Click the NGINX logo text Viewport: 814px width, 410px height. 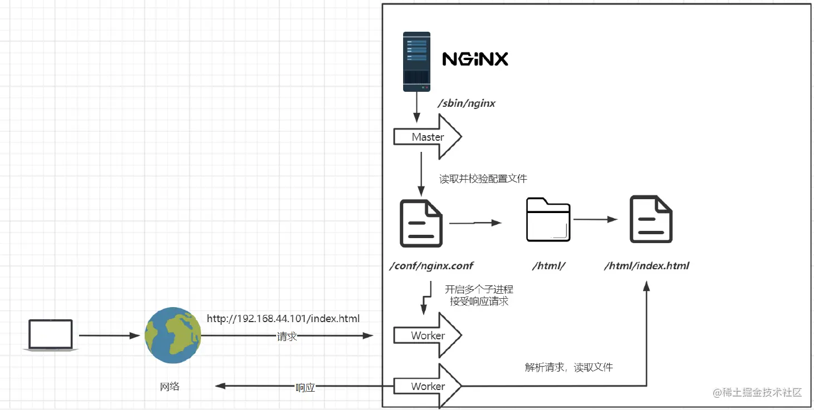(x=475, y=58)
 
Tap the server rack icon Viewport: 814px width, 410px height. (x=416, y=61)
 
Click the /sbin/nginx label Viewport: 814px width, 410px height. (x=467, y=103)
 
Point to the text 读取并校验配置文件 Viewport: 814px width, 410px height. (x=483, y=179)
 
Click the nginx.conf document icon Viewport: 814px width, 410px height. (x=421, y=223)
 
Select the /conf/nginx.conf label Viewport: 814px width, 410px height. (x=431, y=265)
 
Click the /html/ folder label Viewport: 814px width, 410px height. (x=549, y=265)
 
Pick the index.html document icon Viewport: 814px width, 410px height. (x=651, y=220)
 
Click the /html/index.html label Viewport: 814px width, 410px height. (x=646, y=265)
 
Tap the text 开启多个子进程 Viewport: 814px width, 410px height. (x=479, y=289)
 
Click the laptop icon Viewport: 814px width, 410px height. (x=51, y=334)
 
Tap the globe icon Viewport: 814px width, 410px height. (x=173, y=335)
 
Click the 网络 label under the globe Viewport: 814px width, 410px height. (x=170, y=386)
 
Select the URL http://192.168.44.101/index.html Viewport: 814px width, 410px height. (x=283, y=319)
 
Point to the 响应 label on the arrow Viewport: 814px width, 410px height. (x=305, y=387)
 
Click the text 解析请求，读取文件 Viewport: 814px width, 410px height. (x=568, y=367)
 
